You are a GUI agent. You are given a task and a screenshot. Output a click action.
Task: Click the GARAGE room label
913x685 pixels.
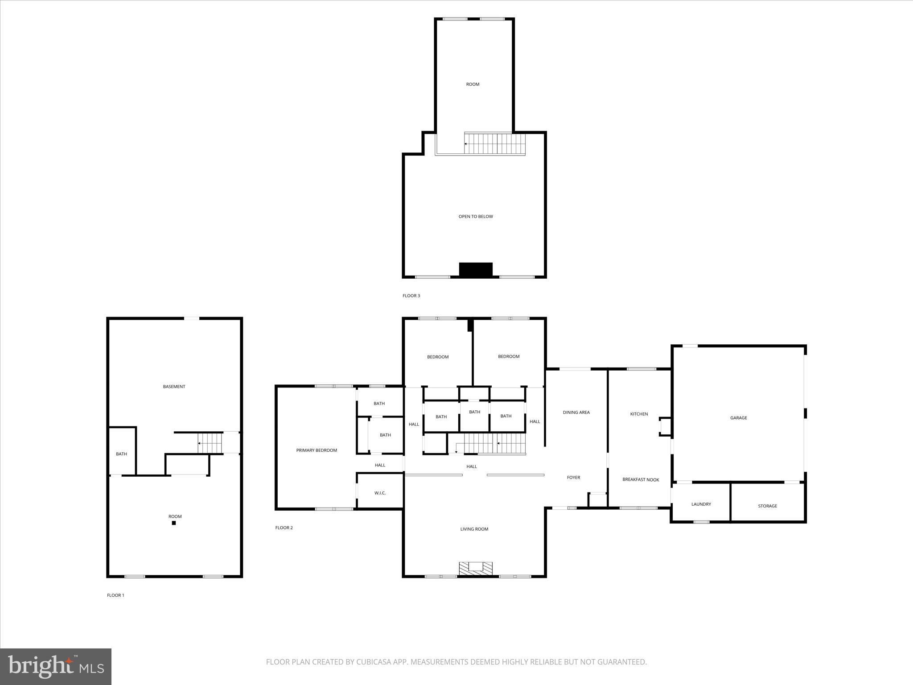click(738, 418)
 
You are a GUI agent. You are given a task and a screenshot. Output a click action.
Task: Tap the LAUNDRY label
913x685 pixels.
click(701, 504)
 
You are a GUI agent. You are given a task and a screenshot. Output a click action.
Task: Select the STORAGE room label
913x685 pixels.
click(767, 506)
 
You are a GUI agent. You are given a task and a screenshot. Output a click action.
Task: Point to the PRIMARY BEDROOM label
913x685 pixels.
click(317, 450)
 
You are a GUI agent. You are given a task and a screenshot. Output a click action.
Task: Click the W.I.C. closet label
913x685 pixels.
click(380, 493)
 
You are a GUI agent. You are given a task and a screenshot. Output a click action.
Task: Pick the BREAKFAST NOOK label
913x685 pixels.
click(641, 479)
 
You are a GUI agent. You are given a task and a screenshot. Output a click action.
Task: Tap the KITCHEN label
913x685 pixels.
click(639, 414)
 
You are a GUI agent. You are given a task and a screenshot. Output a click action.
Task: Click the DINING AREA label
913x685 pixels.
click(576, 412)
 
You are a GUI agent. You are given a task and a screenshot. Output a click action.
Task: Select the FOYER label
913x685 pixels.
click(573, 477)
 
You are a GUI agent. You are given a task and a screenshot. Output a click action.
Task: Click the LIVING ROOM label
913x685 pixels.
click(474, 529)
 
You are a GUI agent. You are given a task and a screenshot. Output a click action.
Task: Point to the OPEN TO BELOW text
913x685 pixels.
click(476, 216)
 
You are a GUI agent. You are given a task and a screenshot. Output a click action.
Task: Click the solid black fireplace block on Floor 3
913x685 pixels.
click(476, 270)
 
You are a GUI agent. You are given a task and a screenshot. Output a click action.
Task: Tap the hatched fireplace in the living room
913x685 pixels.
click(476, 568)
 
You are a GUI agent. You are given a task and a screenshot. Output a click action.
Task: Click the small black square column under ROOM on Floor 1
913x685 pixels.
click(174, 523)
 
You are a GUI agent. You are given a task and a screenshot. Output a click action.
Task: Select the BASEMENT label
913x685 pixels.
click(174, 387)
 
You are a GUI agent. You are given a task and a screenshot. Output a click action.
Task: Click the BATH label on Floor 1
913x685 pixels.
click(121, 454)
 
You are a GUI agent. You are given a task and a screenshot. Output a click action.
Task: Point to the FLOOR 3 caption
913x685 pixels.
click(411, 296)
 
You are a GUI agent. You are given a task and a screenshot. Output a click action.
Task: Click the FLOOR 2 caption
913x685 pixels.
click(284, 528)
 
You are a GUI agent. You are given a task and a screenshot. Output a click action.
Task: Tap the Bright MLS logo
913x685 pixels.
click(56, 667)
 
